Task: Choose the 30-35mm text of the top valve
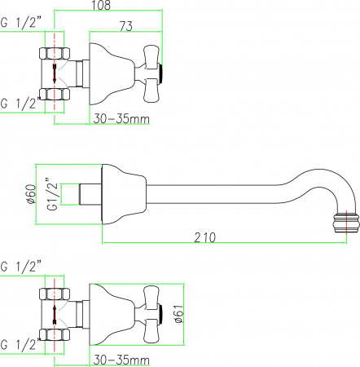[x=121, y=118]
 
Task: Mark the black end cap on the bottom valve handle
[x=166, y=312]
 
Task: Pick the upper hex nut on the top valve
[x=55, y=55]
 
